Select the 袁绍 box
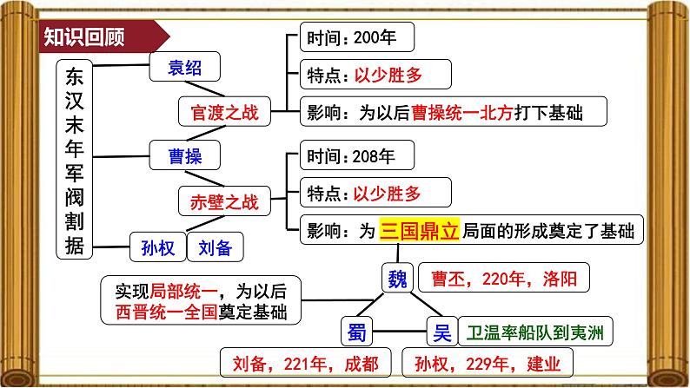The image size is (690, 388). point(183,66)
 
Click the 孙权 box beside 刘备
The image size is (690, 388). point(157,247)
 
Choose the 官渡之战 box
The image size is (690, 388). point(224,111)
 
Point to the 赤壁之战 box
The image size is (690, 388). point(224,202)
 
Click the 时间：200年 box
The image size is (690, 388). point(355,38)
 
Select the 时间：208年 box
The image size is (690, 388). point(355,157)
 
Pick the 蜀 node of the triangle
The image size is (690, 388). point(355,332)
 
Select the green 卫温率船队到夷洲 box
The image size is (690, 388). point(535,332)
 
